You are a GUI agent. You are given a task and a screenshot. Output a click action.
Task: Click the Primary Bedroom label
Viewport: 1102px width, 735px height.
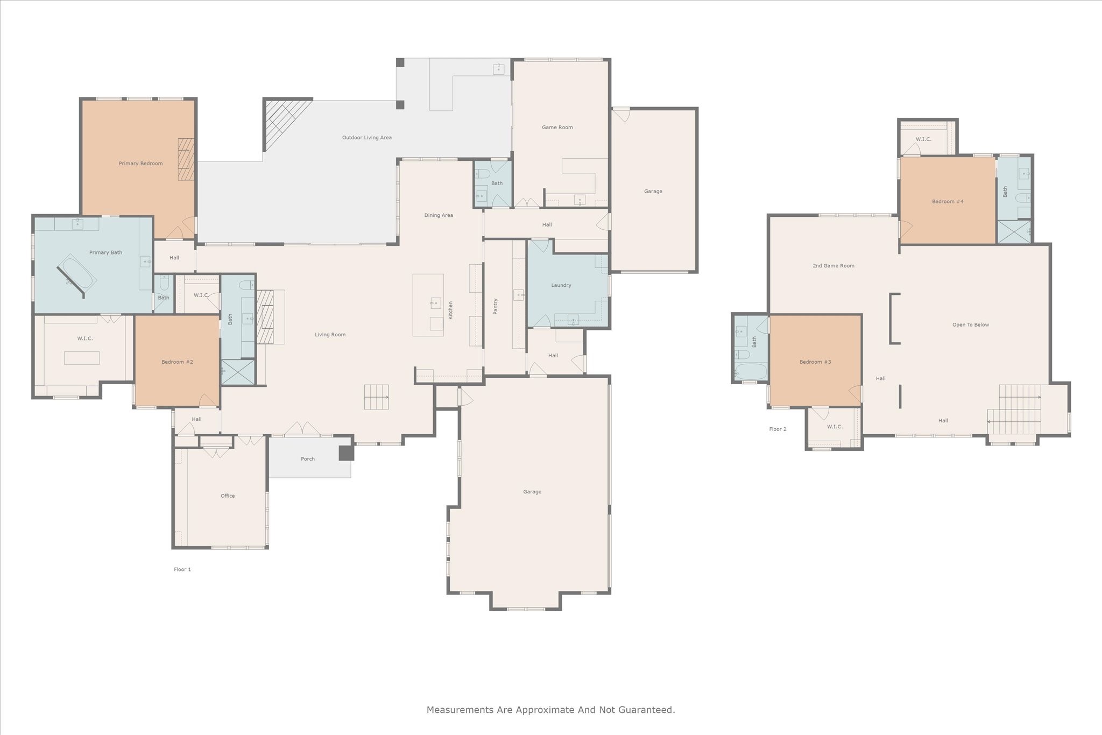140,164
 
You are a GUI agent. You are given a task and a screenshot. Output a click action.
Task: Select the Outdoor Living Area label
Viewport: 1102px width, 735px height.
367,138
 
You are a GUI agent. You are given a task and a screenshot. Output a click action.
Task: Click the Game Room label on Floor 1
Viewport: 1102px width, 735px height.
557,128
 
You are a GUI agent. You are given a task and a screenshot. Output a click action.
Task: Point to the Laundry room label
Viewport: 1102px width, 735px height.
561,285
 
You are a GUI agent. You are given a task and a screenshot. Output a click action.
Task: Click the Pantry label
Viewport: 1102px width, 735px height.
496,306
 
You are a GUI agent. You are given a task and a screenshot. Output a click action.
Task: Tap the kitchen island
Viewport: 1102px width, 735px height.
428,305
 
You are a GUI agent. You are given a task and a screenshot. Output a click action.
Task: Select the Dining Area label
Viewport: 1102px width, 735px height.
439,215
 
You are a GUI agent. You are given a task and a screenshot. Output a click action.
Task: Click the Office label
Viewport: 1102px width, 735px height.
228,496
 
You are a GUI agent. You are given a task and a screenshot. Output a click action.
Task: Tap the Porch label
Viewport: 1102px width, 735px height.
308,459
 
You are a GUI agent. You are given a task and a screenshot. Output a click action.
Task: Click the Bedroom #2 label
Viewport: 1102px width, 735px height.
177,362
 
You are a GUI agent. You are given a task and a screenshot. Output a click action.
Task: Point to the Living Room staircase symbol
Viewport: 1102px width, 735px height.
377,397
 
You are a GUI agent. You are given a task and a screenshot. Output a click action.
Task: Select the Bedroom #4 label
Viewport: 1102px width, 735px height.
948,202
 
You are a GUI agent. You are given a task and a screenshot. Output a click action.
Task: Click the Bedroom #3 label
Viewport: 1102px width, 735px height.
815,362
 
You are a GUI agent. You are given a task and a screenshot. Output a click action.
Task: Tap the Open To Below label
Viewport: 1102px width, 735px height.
971,325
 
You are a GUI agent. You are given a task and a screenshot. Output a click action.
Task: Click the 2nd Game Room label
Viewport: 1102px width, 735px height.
833,266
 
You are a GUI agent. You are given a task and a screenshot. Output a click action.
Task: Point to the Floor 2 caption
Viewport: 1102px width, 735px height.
778,429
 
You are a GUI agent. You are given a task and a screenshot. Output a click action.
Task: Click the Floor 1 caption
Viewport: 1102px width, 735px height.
182,569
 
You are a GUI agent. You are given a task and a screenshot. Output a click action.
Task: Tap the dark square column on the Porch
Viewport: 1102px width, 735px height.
347,453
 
